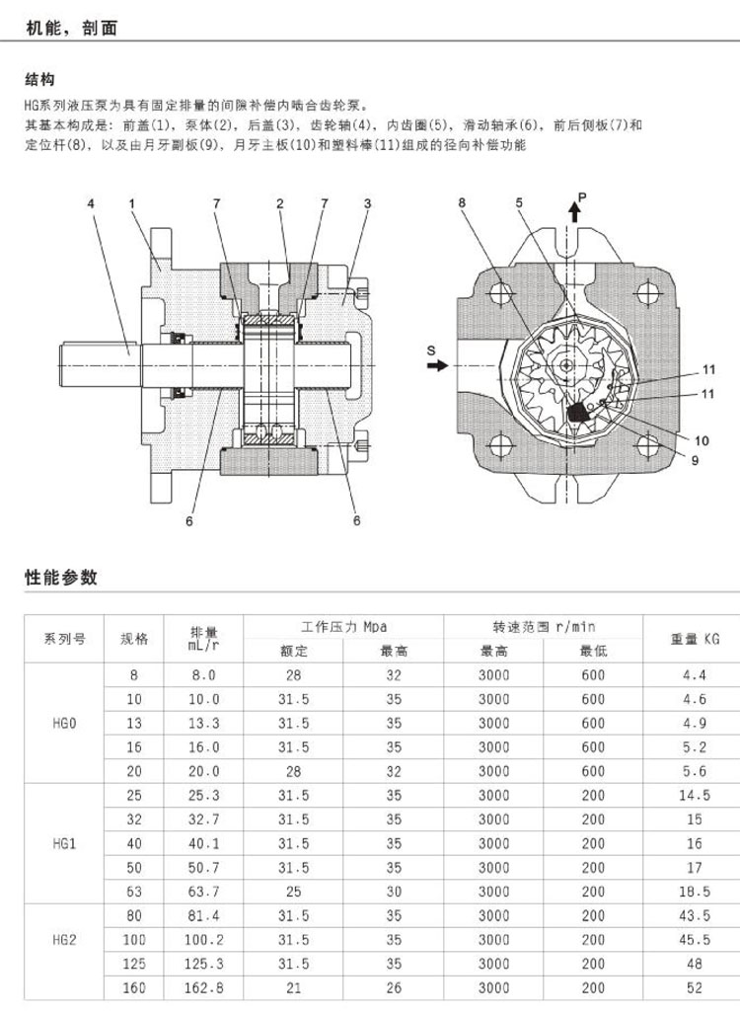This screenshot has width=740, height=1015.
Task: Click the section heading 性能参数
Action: pyautogui.click(x=61, y=578)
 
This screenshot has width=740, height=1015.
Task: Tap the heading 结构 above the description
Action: pyautogui.click(x=39, y=80)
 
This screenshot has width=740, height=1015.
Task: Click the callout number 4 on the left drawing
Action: pyautogui.click(x=90, y=203)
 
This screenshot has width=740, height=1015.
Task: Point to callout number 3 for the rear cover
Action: pyautogui.click(x=367, y=203)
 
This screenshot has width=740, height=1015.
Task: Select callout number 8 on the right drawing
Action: pyautogui.click(x=461, y=203)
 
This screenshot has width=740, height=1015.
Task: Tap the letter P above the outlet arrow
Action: pyautogui.click(x=582, y=198)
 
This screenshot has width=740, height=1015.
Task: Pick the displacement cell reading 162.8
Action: pyautogui.click(x=204, y=987)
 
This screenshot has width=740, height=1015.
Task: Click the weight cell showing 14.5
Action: pyautogui.click(x=695, y=795)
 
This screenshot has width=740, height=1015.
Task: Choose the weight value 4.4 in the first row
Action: pyautogui.click(x=695, y=676)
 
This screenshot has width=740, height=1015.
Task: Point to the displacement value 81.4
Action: pyautogui.click(x=204, y=916)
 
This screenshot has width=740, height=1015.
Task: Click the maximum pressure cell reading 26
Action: pyautogui.click(x=394, y=987)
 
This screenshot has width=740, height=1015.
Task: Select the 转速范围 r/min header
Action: pyautogui.click(x=544, y=627)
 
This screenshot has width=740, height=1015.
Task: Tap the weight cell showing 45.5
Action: pyautogui.click(x=695, y=940)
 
